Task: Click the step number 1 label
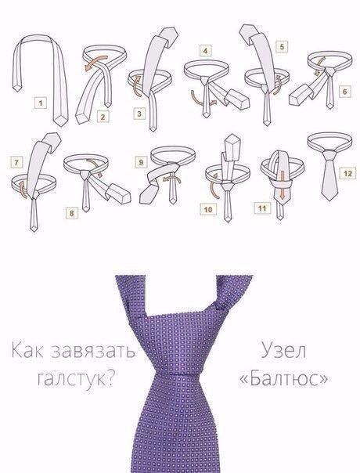point(41,103)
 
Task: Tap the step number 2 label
point(103,117)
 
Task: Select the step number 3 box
point(139,114)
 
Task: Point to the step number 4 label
point(205,50)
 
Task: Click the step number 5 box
point(282,46)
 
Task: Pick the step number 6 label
point(345,91)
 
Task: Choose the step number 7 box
point(16,163)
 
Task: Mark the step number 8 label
point(72,213)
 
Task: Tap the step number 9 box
point(141,163)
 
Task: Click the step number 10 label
point(208,209)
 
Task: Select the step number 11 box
point(262,208)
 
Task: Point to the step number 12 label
point(347,173)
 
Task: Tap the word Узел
point(283,351)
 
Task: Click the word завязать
point(93,351)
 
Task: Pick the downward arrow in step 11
point(282,185)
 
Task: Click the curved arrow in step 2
point(96,63)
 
